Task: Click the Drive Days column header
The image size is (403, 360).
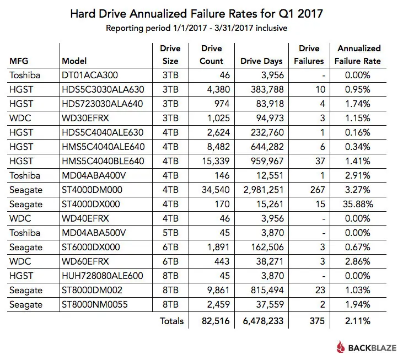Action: pyautogui.click(x=261, y=61)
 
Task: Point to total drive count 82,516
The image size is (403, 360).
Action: pyautogui.click(x=210, y=320)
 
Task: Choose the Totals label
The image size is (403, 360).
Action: pyautogui.click(x=171, y=320)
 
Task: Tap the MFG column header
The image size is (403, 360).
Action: pyautogui.click(x=19, y=61)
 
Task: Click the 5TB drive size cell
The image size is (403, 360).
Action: pyautogui.click(x=170, y=233)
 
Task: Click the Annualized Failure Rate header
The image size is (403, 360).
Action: pyautogui.click(x=359, y=55)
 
